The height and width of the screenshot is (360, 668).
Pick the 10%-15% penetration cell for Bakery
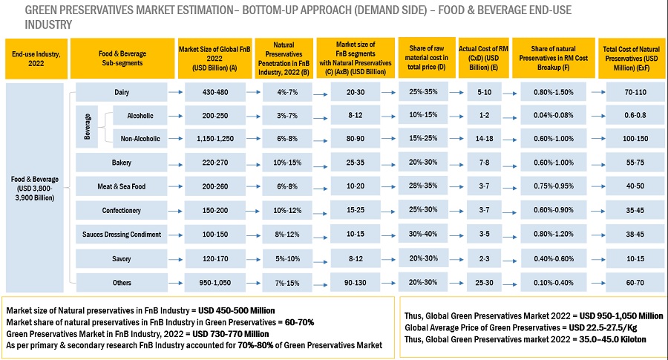(x=282, y=163)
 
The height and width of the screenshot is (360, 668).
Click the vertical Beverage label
(x=87, y=127)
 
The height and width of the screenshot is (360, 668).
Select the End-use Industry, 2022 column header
(x=35, y=59)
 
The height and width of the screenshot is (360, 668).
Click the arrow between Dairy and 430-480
(x=176, y=93)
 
